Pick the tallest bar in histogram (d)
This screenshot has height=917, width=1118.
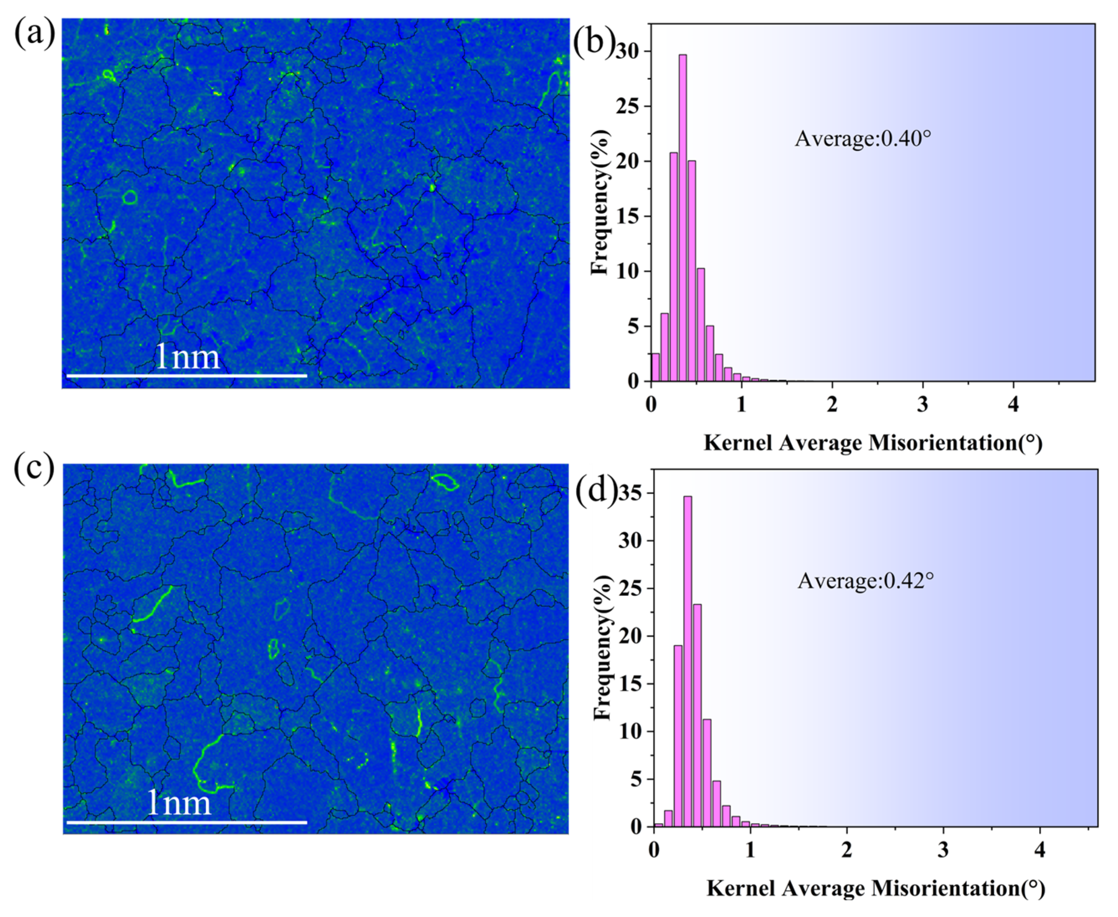[x=688, y=660]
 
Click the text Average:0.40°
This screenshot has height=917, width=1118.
[x=863, y=138]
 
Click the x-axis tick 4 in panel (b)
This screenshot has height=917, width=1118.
[x=1013, y=405]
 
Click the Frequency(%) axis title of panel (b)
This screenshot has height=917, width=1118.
[x=599, y=202]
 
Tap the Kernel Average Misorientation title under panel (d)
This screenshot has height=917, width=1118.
[x=876, y=889]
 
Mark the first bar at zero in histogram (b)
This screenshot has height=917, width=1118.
[x=655, y=367]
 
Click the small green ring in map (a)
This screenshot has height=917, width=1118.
[x=130, y=198]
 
